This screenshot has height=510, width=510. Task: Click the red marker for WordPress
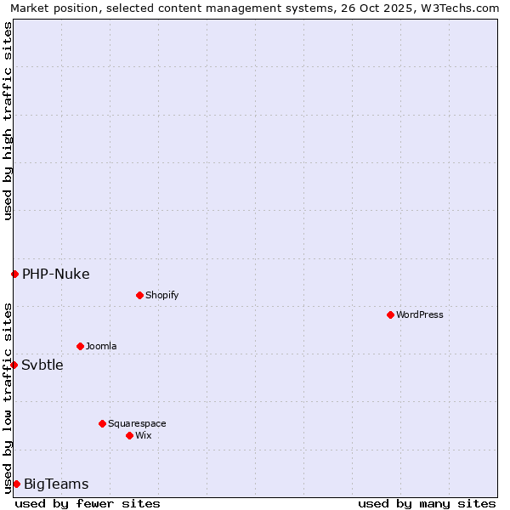coord(390,314)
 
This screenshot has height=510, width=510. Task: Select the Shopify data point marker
coord(139,295)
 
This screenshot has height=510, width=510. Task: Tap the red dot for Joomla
coord(80,346)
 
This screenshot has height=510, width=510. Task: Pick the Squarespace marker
coord(102,423)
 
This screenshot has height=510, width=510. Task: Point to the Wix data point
coord(129,435)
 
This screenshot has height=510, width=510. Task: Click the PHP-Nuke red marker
coord(14,274)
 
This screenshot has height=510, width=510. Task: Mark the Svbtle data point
coord(14,365)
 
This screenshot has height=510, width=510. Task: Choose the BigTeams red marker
coord(16,484)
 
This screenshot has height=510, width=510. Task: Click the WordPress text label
coord(420,314)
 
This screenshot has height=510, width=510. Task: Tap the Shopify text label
coord(161,295)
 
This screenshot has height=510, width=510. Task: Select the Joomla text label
coord(101,346)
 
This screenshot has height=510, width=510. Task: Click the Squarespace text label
coord(137,423)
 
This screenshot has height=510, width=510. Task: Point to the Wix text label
coord(143,435)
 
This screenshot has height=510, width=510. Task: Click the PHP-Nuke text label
coord(55,274)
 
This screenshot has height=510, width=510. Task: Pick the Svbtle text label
coord(42,365)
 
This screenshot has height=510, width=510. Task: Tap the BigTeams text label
coord(55,484)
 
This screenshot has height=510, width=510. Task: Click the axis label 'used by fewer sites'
coord(88,503)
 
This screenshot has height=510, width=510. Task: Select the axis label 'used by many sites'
coord(427,503)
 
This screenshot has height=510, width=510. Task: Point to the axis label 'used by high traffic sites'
coord(8,121)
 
